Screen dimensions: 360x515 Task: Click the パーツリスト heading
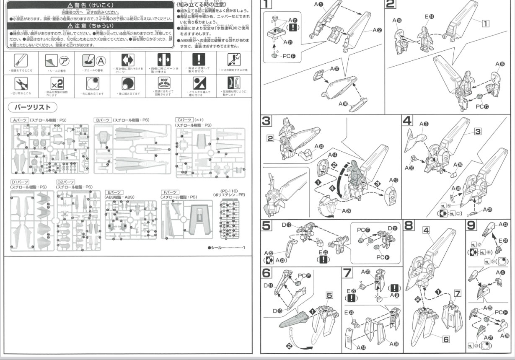coord(33,107)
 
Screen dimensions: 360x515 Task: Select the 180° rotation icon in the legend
coord(164,82)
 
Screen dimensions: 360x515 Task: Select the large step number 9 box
coord(472,225)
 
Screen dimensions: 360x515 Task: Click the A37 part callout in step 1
coord(334,68)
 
